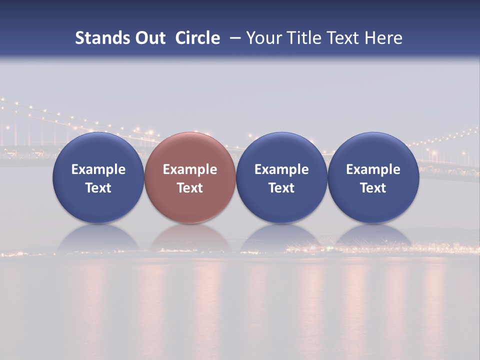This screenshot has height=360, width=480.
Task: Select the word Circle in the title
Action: tap(197, 38)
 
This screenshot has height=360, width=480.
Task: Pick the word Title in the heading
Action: tap(300, 38)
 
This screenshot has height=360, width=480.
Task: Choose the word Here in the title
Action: tap(382, 38)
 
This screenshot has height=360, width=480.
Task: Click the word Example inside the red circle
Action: tap(190, 169)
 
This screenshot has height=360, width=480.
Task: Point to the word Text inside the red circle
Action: tap(190, 188)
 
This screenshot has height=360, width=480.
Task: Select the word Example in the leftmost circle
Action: tap(98, 169)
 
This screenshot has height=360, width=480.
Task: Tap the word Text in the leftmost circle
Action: tap(98, 188)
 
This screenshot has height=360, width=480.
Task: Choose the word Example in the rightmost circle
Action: tap(373, 169)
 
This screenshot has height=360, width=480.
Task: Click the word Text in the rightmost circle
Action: tap(373, 188)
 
